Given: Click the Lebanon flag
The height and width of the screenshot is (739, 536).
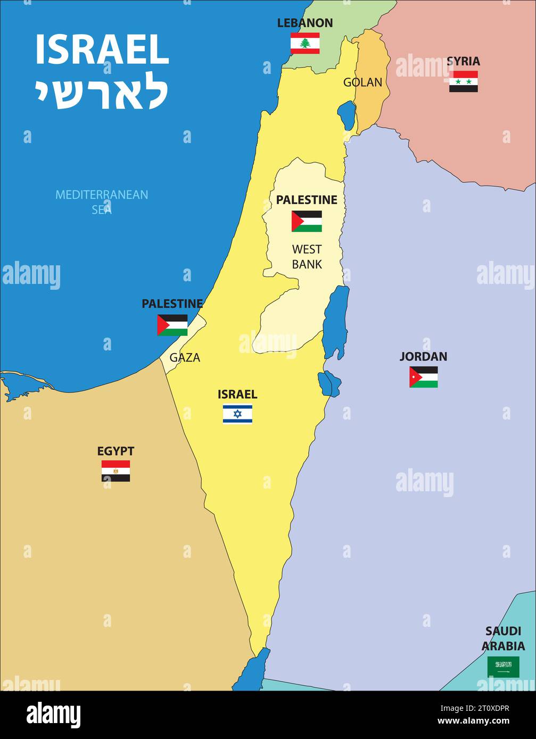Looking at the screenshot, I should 305,43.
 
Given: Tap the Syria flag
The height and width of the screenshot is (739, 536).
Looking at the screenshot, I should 463,81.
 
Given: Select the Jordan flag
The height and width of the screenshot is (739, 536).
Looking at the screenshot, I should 423,376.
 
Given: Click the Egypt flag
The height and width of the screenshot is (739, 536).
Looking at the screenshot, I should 116,471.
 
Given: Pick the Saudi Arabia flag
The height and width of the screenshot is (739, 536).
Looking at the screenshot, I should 503,667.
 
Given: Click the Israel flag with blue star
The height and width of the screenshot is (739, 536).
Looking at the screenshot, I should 237,414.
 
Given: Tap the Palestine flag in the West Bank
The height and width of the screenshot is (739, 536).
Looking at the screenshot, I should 307,221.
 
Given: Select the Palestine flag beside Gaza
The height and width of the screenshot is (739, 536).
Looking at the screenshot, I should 172,325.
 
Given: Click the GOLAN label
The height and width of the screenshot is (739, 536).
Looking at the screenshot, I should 362,82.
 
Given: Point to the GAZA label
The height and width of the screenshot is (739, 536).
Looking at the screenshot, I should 185,358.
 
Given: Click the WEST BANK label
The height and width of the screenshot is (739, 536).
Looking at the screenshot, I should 307,256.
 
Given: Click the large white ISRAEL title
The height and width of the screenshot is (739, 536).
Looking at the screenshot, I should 102,50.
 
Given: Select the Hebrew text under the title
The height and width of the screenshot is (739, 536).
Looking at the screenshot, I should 102,94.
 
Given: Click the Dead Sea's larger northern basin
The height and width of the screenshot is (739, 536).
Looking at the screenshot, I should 336,321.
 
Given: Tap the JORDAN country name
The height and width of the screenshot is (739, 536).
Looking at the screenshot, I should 423,356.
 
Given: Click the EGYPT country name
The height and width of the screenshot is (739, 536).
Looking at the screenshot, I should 116,451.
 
